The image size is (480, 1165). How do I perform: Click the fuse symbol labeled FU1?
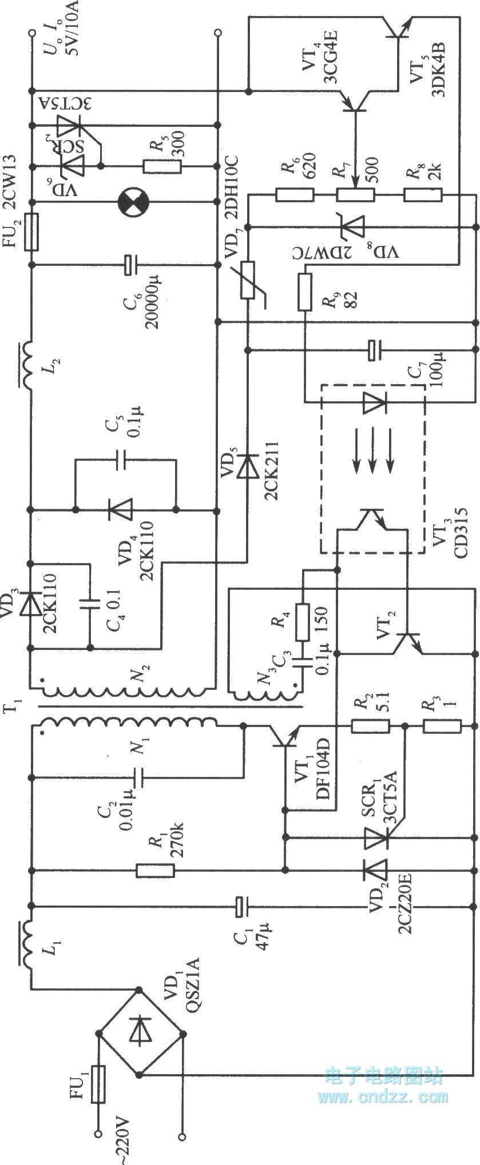click(99, 1084)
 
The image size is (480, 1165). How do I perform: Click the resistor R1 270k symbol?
click(155, 871)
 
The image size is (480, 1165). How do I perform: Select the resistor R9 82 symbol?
click(304, 292)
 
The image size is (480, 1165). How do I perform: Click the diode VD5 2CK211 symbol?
click(247, 466)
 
